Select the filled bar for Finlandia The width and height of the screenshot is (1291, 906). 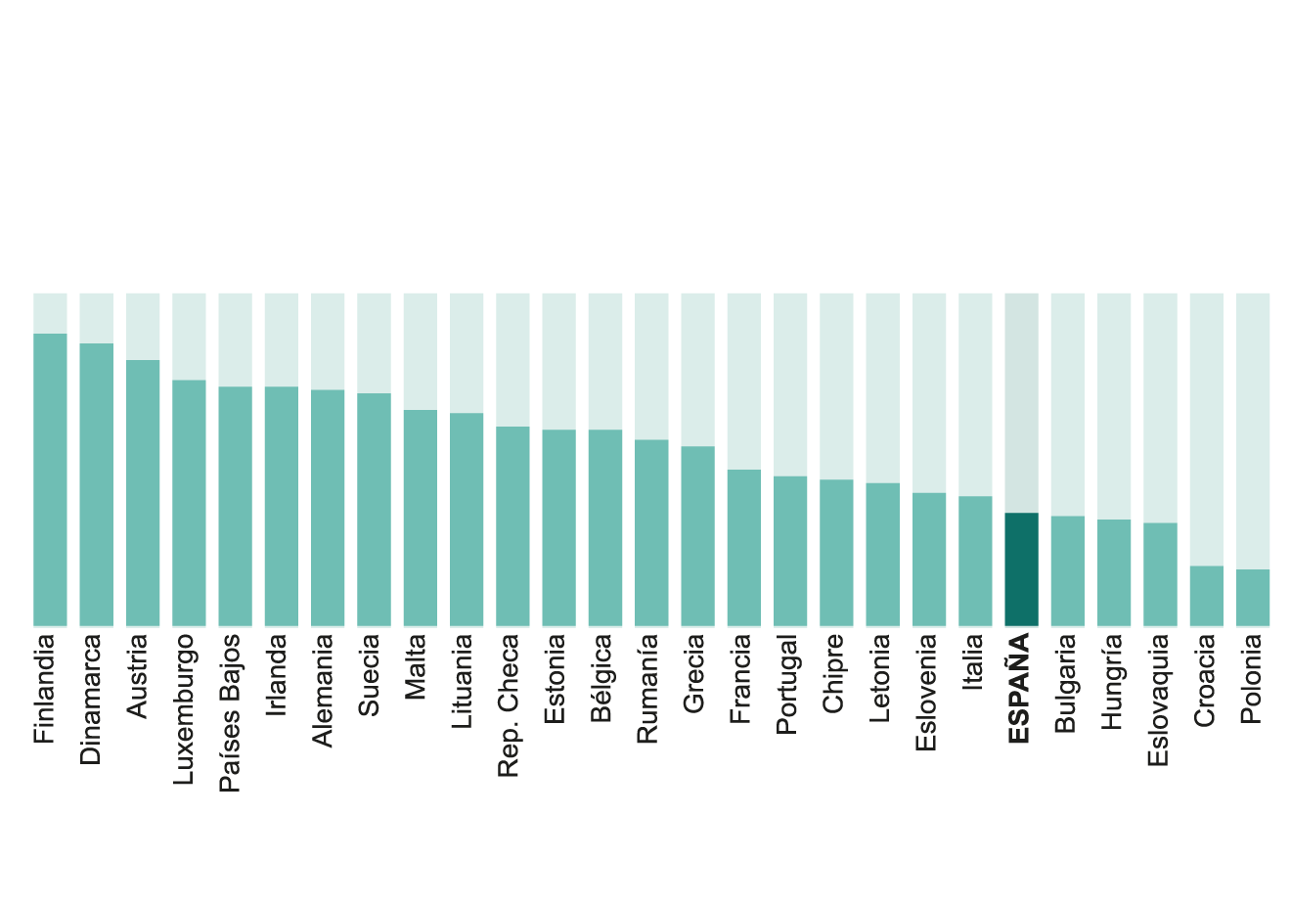(x=50, y=479)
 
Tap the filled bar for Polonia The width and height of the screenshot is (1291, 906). (x=1253, y=597)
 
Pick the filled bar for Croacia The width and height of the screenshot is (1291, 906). (x=1206, y=595)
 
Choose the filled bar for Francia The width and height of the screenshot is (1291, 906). (x=743, y=547)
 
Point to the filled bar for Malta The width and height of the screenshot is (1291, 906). (x=420, y=518)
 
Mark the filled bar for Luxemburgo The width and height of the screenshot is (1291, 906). (x=189, y=503)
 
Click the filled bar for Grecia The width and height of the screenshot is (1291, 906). (x=697, y=535)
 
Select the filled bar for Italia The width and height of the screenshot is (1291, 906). (x=975, y=561)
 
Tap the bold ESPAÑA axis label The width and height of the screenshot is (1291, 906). (x=1020, y=689)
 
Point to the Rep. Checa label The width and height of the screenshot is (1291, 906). (x=509, y=705)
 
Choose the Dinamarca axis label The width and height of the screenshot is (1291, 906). (x=91, y=700)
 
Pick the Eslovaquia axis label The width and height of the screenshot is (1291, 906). (x=1158, y=701)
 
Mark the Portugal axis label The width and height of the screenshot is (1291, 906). (x=787, y=684)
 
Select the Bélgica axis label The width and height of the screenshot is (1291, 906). (x=601, y=678)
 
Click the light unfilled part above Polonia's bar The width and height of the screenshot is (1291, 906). (x=1253, y=430)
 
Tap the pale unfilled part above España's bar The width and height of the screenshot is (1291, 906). (x=1021, y=402)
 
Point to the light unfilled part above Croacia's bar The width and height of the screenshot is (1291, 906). (x=1206, y=429)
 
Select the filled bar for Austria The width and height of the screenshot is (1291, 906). (x=143, y=492)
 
